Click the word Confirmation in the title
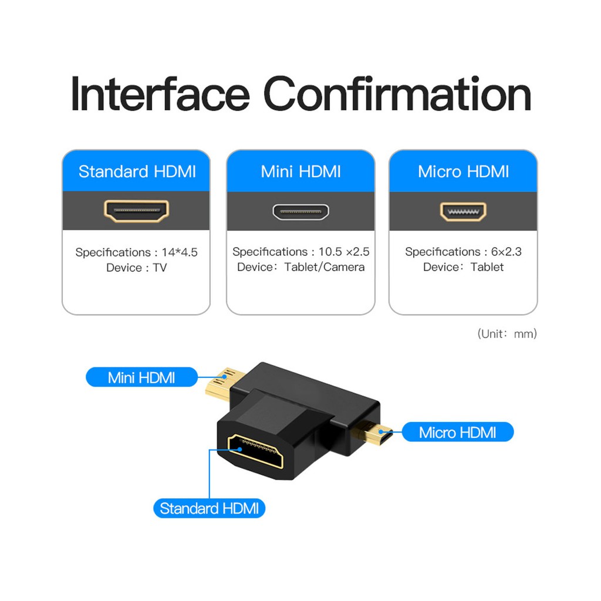click(397, 94)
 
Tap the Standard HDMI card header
click(137, 171)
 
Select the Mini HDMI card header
click(300, 171)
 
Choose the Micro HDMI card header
click(463, 171)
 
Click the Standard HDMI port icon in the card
click(137, 211)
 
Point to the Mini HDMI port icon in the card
click(300, 211)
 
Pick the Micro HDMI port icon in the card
click(463, 211)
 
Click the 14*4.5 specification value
click(179, 252)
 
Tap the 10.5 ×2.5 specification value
click(344, 252)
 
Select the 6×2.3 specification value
click(506, 252)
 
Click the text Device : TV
click(136, 268)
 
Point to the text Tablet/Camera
click(325, 267)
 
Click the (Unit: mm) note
click(507, 334)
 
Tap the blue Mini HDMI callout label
click(141, 377)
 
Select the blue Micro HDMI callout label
click(457, 433)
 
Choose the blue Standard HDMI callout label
click(209, 508)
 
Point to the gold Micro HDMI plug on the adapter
click(369, 434)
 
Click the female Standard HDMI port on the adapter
click(256, 451)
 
